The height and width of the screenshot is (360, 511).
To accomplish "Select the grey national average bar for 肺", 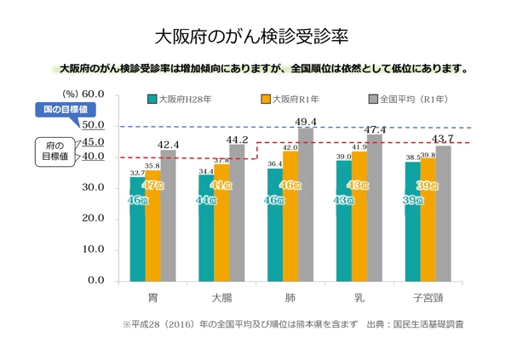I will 305,204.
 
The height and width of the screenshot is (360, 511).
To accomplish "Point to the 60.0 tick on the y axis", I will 91,94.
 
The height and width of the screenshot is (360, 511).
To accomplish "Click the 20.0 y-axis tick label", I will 91,219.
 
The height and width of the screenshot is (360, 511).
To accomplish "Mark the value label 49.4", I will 305,123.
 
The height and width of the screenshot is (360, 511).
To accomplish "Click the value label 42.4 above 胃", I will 168,145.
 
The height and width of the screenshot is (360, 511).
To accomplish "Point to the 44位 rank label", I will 205,201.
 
